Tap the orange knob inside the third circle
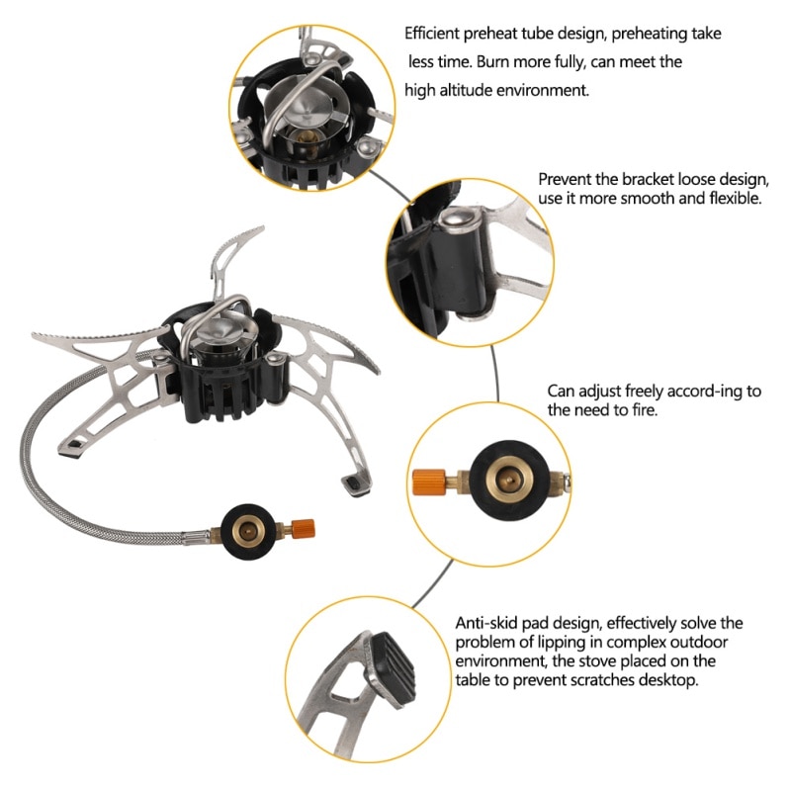pyautogui.click(x=428, y=482)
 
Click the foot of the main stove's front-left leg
pyautogui.click(x=72, y=450)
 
